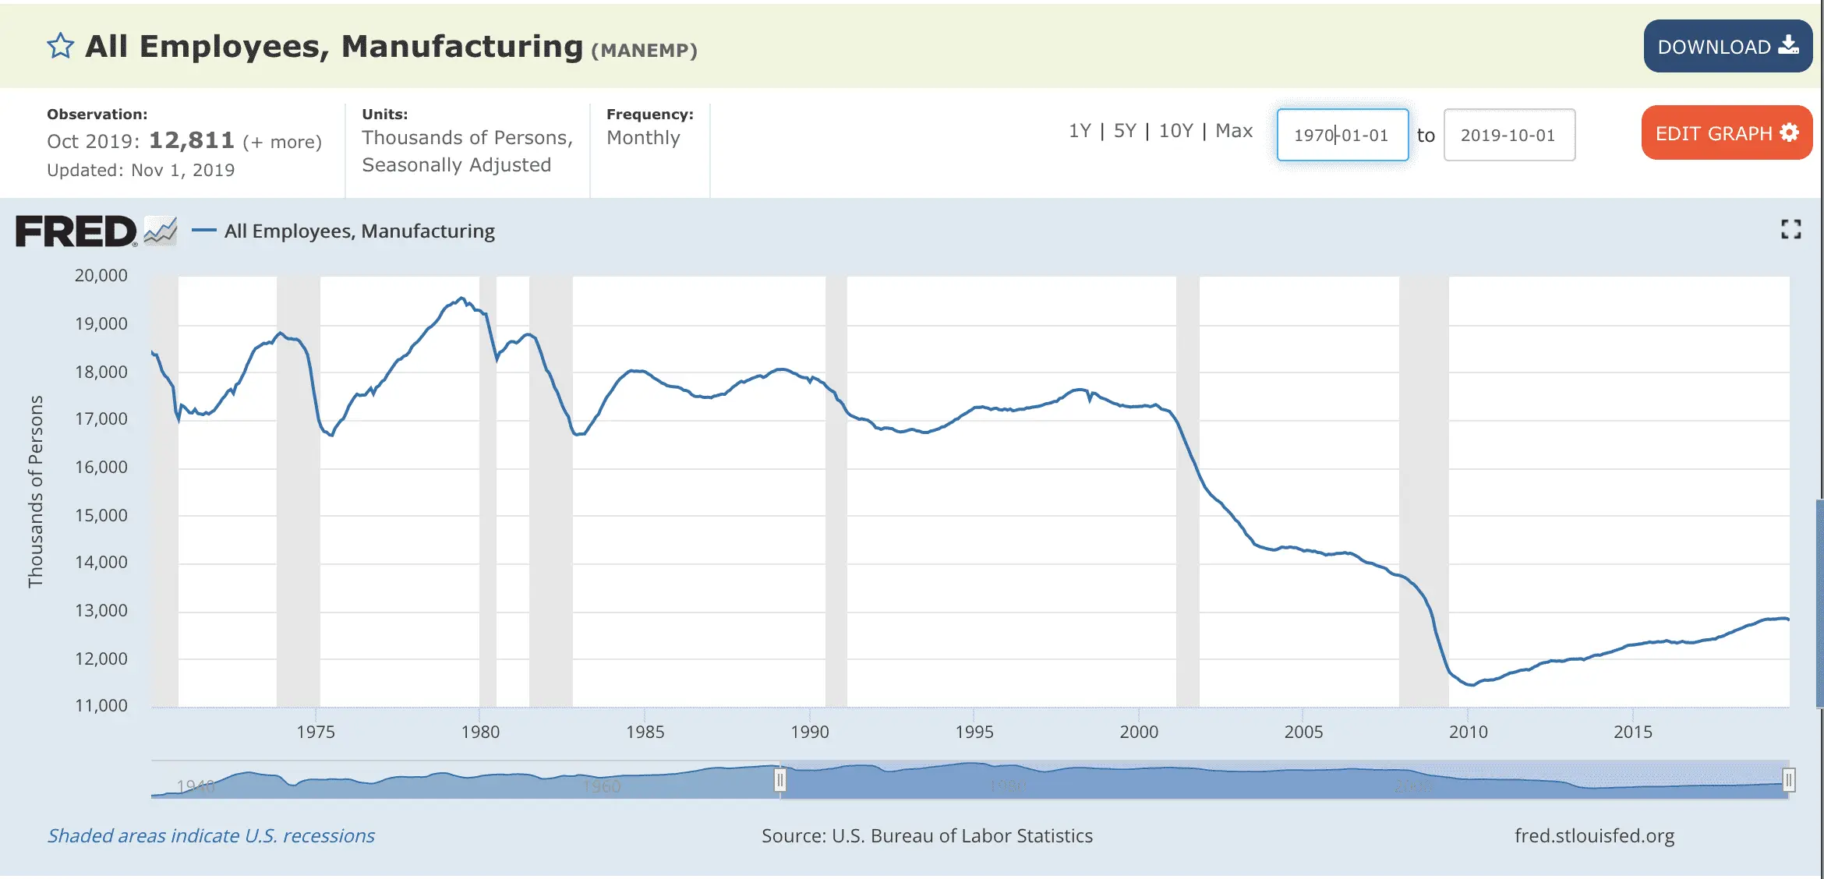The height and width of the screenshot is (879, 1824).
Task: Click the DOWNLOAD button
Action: coord(1727,47)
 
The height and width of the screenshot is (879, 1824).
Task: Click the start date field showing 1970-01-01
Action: coord(1342,135)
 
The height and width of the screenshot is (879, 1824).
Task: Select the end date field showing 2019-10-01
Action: coord(1508,135)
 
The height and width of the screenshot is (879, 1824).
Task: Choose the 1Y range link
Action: coord(1080,131)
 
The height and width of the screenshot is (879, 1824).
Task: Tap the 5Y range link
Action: coord(1125,131)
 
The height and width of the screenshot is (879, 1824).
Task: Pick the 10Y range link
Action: coord(1175,131)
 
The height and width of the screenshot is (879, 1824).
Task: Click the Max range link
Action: coord(1234,131)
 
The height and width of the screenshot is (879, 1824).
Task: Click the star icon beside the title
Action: coord(60,47)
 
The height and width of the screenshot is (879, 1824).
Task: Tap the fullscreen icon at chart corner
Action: coord(1790,229)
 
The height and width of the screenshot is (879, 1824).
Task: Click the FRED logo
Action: coord(76,231)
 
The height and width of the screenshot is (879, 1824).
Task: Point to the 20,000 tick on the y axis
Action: coord(101,276)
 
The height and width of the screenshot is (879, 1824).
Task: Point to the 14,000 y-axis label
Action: coord(101,563)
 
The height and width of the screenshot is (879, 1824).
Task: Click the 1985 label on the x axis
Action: coord(645,732)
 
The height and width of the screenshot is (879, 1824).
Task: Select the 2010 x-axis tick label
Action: coord(1468,732)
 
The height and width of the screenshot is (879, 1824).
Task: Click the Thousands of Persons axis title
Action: coord(35,491)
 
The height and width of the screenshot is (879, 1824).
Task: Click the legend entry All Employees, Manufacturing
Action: coord(359,231)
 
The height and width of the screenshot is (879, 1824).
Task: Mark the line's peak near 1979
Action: coord(461,298)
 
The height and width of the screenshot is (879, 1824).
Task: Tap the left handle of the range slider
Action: coord(779,780)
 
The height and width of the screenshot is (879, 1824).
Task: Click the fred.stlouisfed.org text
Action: coord(1594,836)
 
